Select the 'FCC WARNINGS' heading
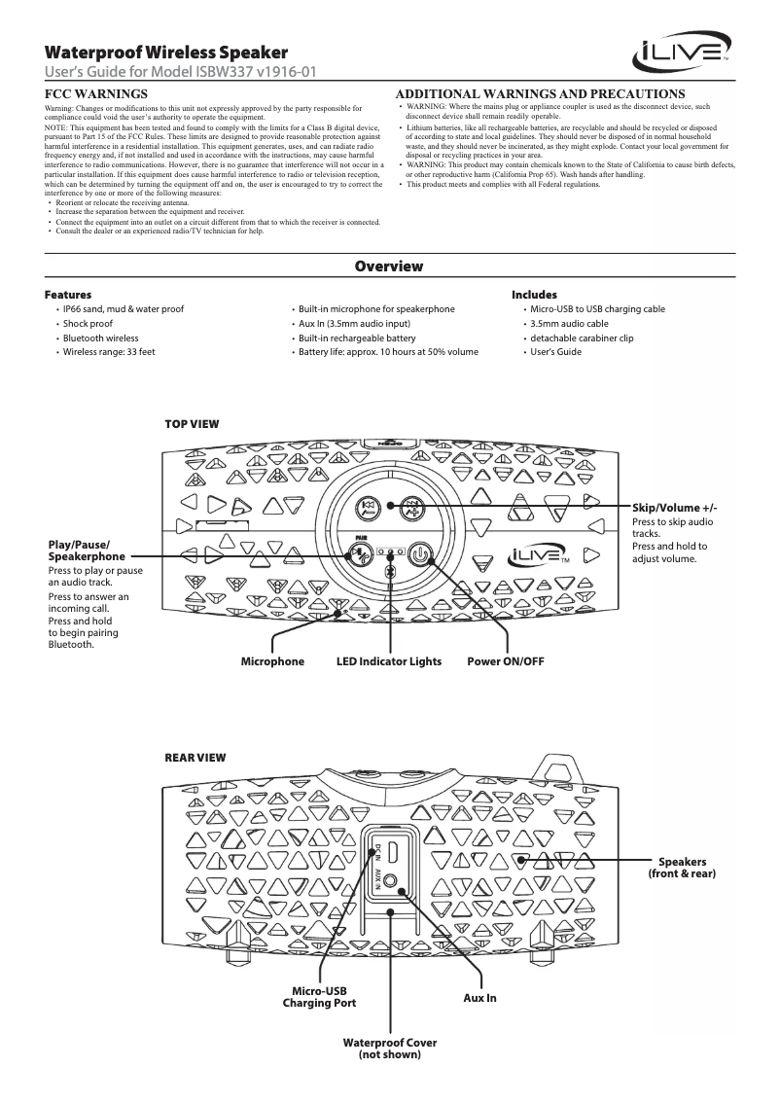pos(96,92)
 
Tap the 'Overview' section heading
pos(389,267)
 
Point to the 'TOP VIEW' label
pos(192,424)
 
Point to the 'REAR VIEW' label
pos(195,756)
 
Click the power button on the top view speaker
pos(419,555)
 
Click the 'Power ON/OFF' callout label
pos(506,661)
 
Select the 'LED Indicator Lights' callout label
pos(389,661)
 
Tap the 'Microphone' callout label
pos(272,661)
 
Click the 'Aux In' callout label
pos(479,998)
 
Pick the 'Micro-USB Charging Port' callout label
pos(319,996)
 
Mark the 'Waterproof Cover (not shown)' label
pos(390,1048)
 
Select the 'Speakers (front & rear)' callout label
pos(682,869)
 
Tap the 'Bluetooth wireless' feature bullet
pos(101,337)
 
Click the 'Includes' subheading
pos(534,294)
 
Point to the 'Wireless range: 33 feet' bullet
pos(109,351)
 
